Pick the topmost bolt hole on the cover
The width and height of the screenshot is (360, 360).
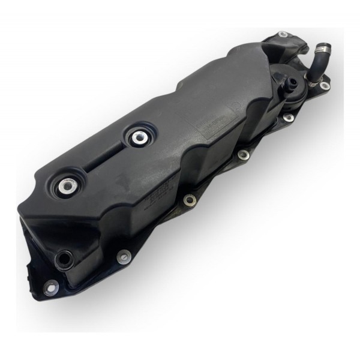(283, 34)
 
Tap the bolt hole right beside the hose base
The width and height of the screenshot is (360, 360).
(325, 86)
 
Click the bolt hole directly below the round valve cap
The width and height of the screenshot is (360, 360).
(289, 118)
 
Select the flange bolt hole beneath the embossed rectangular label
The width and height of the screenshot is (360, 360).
(243, 155)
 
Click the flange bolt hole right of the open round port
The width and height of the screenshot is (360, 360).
(122, 257)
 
